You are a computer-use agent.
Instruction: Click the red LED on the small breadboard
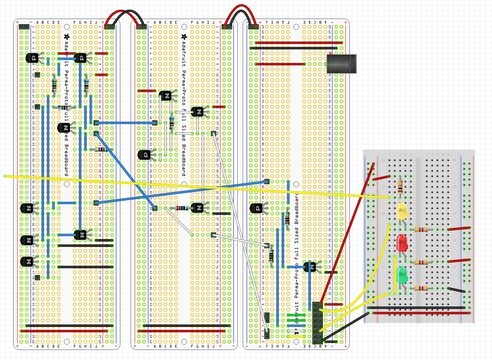(x=402, y=243)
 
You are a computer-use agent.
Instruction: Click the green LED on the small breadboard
(x=402, y=276)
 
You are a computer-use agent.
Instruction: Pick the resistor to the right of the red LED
(x=421, y=262)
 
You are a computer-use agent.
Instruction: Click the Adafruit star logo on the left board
(x=66, y=37)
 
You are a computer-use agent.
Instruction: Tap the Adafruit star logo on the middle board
(x=184, y=37)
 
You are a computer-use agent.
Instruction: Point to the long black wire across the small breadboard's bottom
(x=416, y=308)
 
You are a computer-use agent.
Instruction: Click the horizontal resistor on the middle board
(x=181, y=208)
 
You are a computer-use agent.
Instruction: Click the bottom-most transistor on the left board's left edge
(x=27, y=262)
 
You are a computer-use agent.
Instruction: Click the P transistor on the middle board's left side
(x=145, y=155)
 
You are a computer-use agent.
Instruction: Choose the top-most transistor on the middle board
(x=166, y=96)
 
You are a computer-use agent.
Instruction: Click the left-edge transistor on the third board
(x=256, y=208)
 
